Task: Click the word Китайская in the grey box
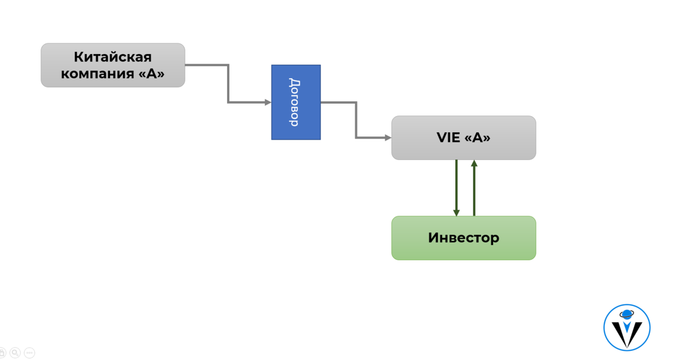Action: pos(113,57)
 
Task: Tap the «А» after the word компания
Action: pos(152,73)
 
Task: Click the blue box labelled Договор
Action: pos(296,103)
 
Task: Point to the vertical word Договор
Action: pos(295,103)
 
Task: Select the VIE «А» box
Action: pos(464,137)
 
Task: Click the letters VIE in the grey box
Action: pos(448,137)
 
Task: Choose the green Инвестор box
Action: pos(464,238)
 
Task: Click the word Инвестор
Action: pos(464,238)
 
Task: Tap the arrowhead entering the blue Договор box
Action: pos(268,103)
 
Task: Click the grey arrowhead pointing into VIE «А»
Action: pos(388,137)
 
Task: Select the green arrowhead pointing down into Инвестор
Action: pos(457,213)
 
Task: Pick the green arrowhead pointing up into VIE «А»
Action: pos(474,163)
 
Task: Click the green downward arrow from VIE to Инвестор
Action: pos(457,188)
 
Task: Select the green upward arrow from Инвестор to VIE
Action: pos(474,188)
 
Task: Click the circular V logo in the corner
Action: pos(627,327)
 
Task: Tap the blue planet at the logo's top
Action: pos(626,314)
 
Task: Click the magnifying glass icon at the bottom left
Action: pos(15,353)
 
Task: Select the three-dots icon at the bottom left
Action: pos(29,353)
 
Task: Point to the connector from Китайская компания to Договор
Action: pos(228,83)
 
